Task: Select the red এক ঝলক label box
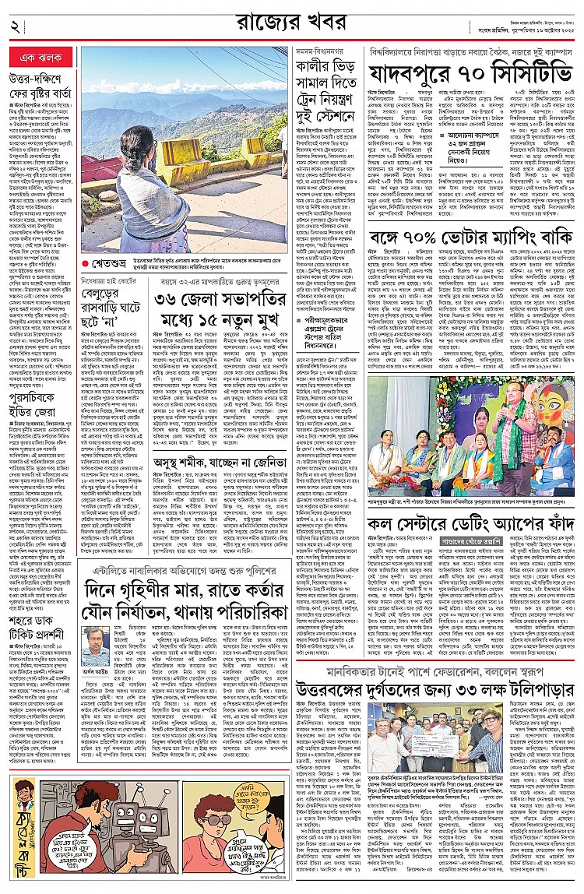[x=37, y=59]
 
